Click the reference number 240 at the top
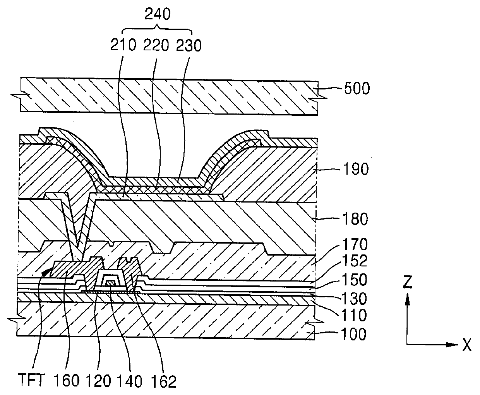[x=158, y=14]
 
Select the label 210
[x=123, y=45]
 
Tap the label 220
[x=156, y=45]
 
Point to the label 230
[x=189, y=45]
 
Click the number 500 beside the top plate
[x=357, y=88]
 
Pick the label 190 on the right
[x=356, y=169]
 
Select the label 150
[x=355, y=280]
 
